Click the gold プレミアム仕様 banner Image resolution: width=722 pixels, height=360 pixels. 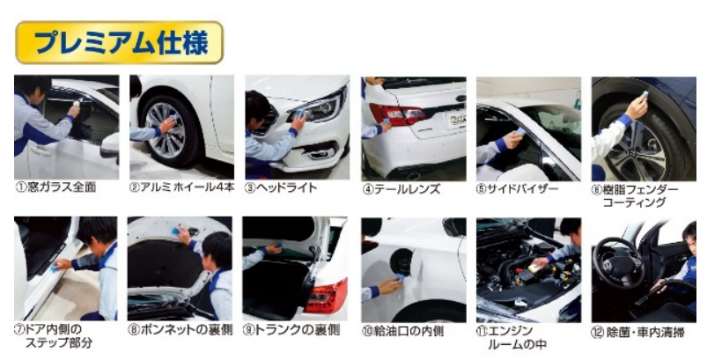click(x=119, y=42)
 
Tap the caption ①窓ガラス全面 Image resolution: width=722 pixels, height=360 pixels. click(x=55, y=187)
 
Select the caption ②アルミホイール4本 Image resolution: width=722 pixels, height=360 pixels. click(x=181, y=187)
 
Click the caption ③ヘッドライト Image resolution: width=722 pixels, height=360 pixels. click(x=280, y=187)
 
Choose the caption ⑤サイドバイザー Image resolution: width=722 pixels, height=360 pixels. click(x=517, y=188)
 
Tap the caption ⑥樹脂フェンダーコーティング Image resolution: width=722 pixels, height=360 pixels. click(x=635, y=196)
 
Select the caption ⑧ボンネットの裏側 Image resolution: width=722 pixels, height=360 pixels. click(x=180, y=330)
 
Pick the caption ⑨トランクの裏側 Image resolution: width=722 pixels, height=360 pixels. click(x=291, y=330)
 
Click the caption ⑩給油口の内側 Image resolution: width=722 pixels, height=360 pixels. click(x=402, y=331)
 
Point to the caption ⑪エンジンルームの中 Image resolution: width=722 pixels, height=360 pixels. click(x=511, y=337)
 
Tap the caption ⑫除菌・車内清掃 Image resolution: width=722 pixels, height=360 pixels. click(x=637, y=333)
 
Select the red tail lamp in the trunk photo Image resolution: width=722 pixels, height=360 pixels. click(x=326, y=296)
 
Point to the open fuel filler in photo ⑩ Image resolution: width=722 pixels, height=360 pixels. click(x=403, y=263)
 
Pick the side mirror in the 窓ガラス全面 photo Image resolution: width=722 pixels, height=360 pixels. click(x=110, y=146)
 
